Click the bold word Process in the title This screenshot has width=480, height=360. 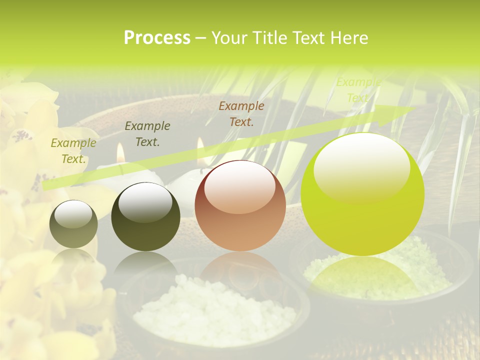pyautogui.click(x=157, y=38)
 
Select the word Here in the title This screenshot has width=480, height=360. pyautogui.click(x=349, y=38)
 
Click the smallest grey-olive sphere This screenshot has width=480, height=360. pyautogui.click(x=73, y=224)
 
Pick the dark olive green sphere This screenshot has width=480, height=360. pyautogui.click(x=145, y=216)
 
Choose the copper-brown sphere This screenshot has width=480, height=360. pyautogui.click(x=240, y=206)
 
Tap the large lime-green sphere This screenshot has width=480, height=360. pyautogui.click(x=362, y=194)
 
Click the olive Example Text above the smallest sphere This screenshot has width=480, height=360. pyautogui.click(x=73, y=151)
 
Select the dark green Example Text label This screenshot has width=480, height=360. pyautogui.click(x=147, y=134)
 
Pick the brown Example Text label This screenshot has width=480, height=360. pyautogui.click(x=241, y=113)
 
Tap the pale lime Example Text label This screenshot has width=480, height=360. pyautogui.click(x=358, y=90)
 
